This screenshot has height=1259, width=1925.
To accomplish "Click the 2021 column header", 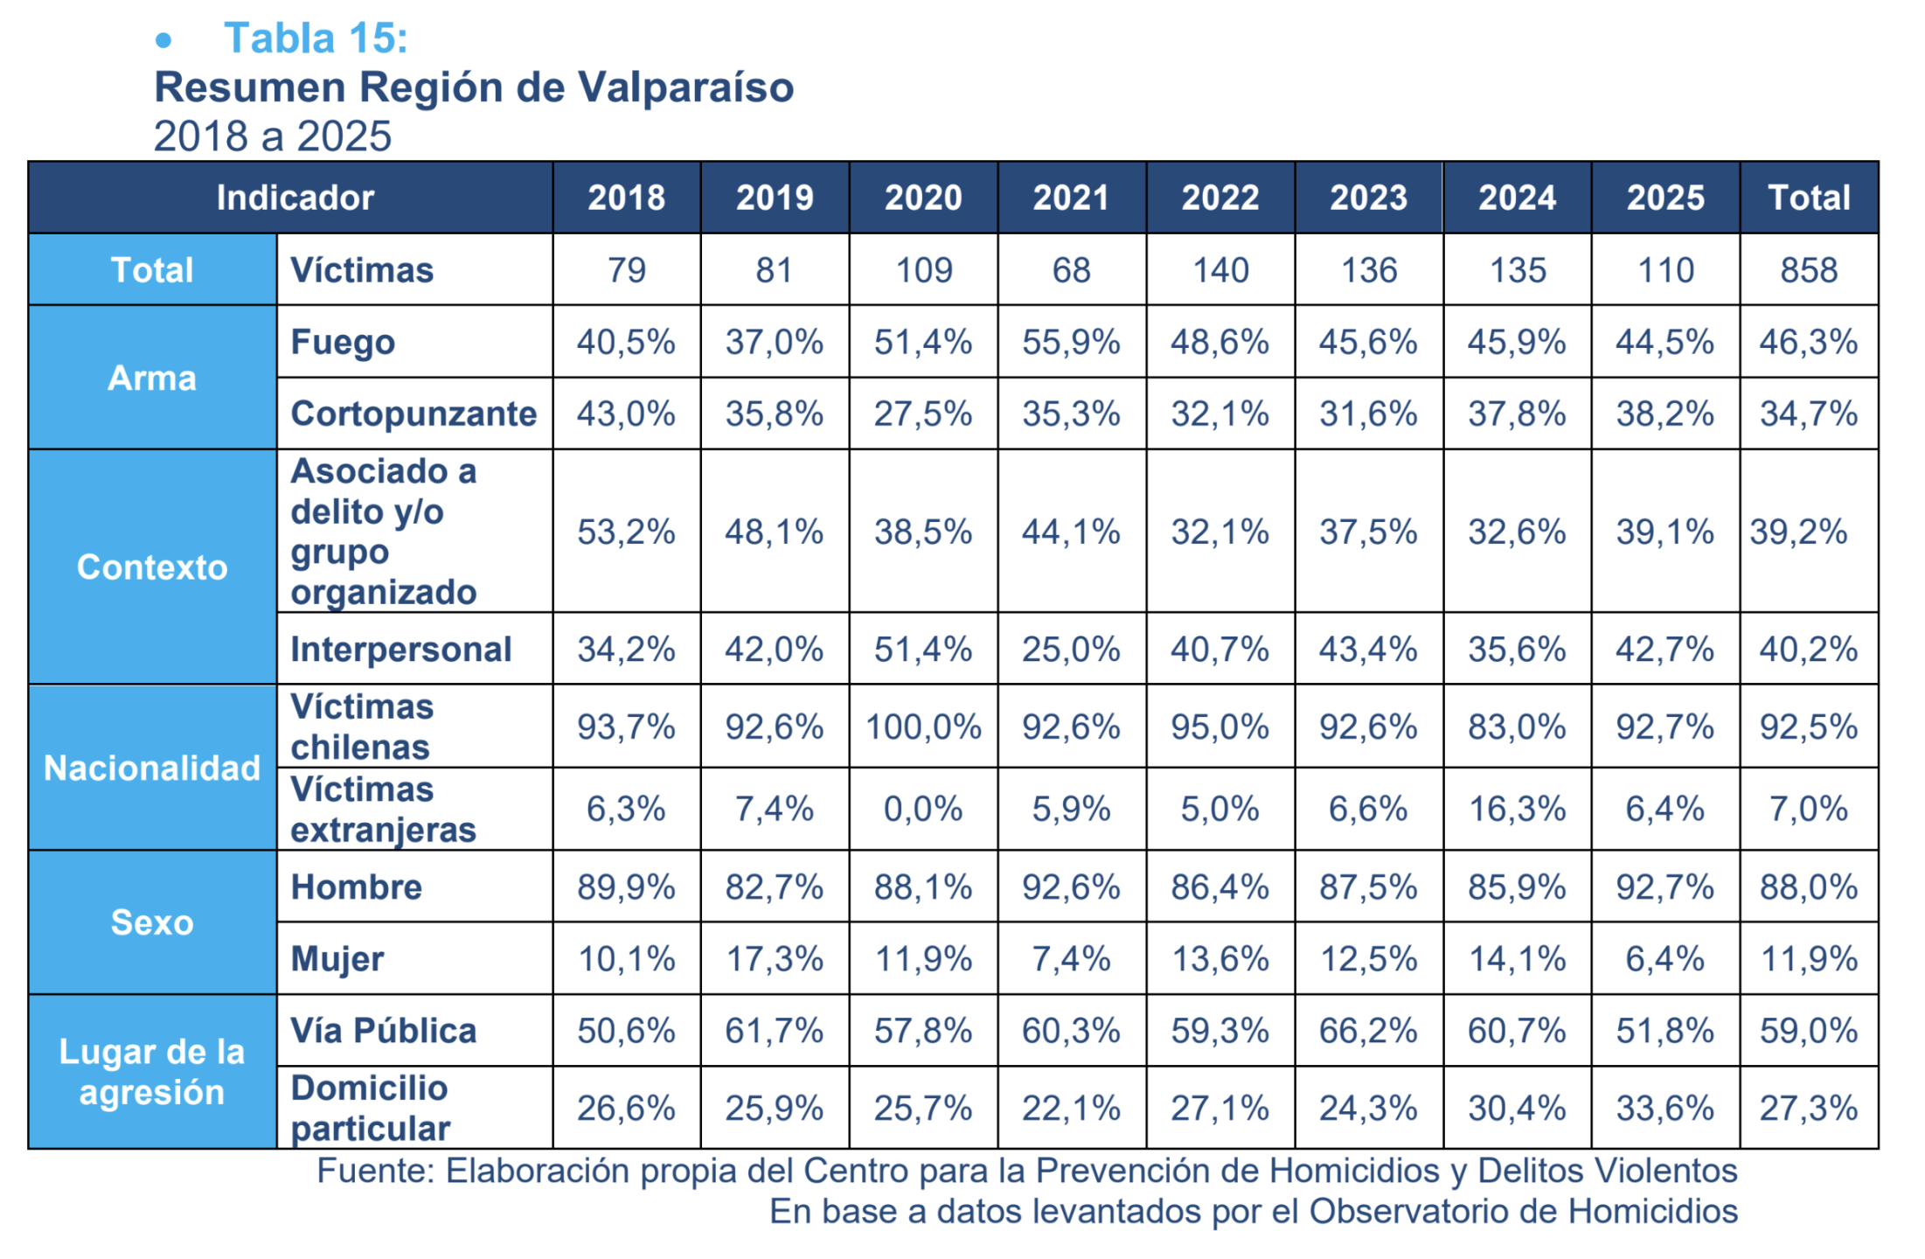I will (1071, 198).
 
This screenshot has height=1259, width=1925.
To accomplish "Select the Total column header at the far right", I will (1808, 198).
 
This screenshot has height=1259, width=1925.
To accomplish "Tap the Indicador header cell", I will (295, 198).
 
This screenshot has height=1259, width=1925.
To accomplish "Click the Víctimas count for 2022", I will (1220, 270).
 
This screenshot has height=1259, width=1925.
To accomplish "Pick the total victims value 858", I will (1808, 270).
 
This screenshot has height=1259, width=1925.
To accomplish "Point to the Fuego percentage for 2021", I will (1071, 342).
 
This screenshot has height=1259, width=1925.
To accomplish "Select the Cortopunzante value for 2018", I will (626, 414).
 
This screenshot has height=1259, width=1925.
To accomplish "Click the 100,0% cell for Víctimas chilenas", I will (923, 727).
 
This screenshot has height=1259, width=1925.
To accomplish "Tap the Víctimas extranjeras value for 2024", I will (1517, 809).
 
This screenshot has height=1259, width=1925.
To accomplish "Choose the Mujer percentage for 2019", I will (775, 959).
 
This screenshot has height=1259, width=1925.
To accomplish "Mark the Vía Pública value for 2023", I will (1368, 1031).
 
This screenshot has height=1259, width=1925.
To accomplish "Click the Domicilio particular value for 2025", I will (1665, 1109).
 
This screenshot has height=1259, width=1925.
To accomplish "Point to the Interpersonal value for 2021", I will (1071, 650).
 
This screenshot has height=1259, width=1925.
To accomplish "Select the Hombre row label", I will (356, 887).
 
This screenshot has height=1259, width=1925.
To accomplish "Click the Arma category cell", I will (152, 379).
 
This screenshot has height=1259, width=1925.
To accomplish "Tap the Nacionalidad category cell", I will (152, 769).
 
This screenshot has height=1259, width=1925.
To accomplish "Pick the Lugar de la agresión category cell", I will (152, 1072).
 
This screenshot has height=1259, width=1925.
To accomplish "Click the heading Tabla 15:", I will (316, 38).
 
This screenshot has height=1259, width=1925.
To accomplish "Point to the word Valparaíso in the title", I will (685, 87).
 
